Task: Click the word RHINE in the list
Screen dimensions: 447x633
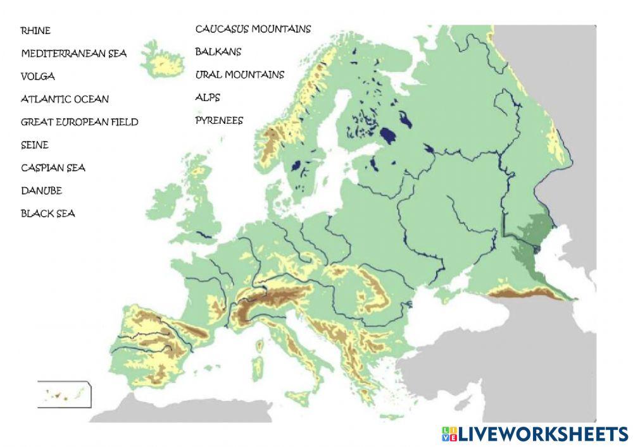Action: [x=35, y=30]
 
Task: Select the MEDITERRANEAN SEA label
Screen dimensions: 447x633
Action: [x=73, y=54]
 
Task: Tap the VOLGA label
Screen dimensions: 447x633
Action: [x=38, y=77]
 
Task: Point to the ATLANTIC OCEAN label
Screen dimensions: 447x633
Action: [x=65, y=99]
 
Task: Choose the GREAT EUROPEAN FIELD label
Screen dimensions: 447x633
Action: [x=79, y=122]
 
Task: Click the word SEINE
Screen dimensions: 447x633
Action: [x=35, y=145]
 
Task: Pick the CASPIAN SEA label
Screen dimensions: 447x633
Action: [x=53, y=168]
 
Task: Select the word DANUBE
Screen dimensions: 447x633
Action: [x=41, y=190]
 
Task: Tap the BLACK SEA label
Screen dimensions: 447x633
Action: [x=47, y=214]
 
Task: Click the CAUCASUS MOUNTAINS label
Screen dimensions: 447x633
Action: [x=253, y=29]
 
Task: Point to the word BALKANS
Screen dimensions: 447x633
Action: [x=218, y=52]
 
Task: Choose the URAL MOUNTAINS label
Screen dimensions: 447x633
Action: [x=239, y=75]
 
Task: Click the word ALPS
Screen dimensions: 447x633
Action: [x=208, y=97]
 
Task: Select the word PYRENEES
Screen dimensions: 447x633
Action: [x=218, y=120]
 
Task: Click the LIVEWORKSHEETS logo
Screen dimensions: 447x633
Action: [x=534, y=434]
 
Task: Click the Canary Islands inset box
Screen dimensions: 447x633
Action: [x=64, y=395]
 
